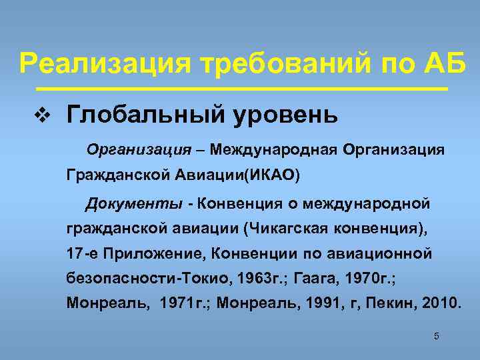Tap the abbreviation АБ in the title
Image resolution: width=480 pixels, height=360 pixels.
click(x=441, y=64)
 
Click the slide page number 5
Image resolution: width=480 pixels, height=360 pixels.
click(x=436, y=336)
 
